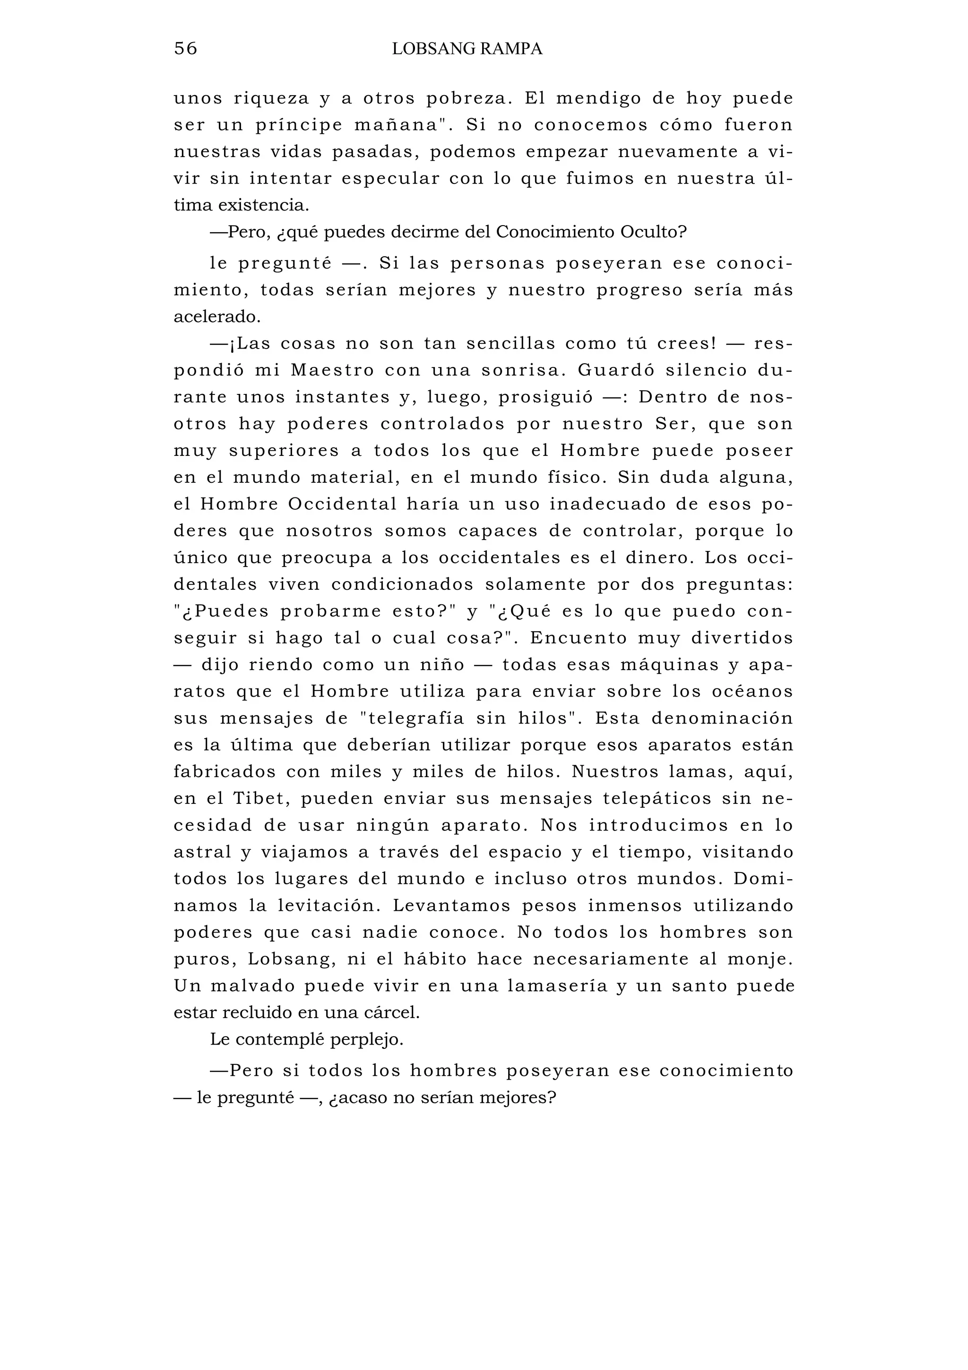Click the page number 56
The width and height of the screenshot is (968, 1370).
pyautogui.click(x=185, y=48)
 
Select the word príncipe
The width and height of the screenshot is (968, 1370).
pyautogui.click(x=299, y=125)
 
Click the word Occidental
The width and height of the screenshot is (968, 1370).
pyautogui.click(x=342, y=504)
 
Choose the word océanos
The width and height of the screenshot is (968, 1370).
pyautogui.click(x=752, y=691)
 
